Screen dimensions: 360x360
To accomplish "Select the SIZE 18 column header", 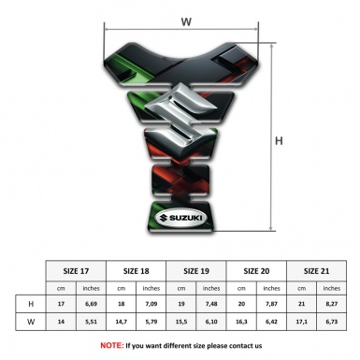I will point(137,270).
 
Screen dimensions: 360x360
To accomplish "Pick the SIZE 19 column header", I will point(197,270).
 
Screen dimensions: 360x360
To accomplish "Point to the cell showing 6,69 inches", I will point(92,304).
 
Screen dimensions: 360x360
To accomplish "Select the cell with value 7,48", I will point(212,304).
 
